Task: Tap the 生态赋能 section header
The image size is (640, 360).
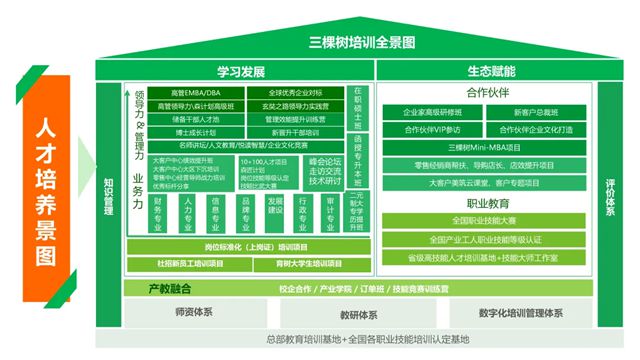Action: tap(490, 72)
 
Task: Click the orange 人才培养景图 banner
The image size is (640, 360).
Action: tap(46, 190)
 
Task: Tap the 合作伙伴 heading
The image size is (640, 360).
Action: tap(490, 90)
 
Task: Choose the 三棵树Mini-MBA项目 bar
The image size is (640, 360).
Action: tap(490, 147)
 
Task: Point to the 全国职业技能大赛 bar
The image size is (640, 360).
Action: tap(490, 221)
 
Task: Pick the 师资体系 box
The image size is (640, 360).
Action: tap(191, 313)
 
